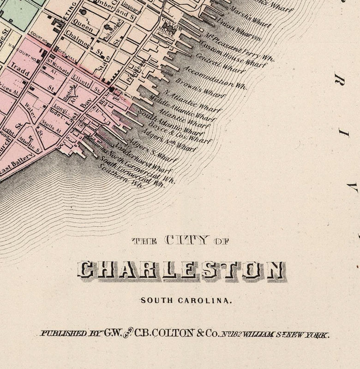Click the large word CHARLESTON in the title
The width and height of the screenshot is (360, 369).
(x=180, y=270)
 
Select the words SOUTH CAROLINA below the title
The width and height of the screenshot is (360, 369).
(x=186, y=300)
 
